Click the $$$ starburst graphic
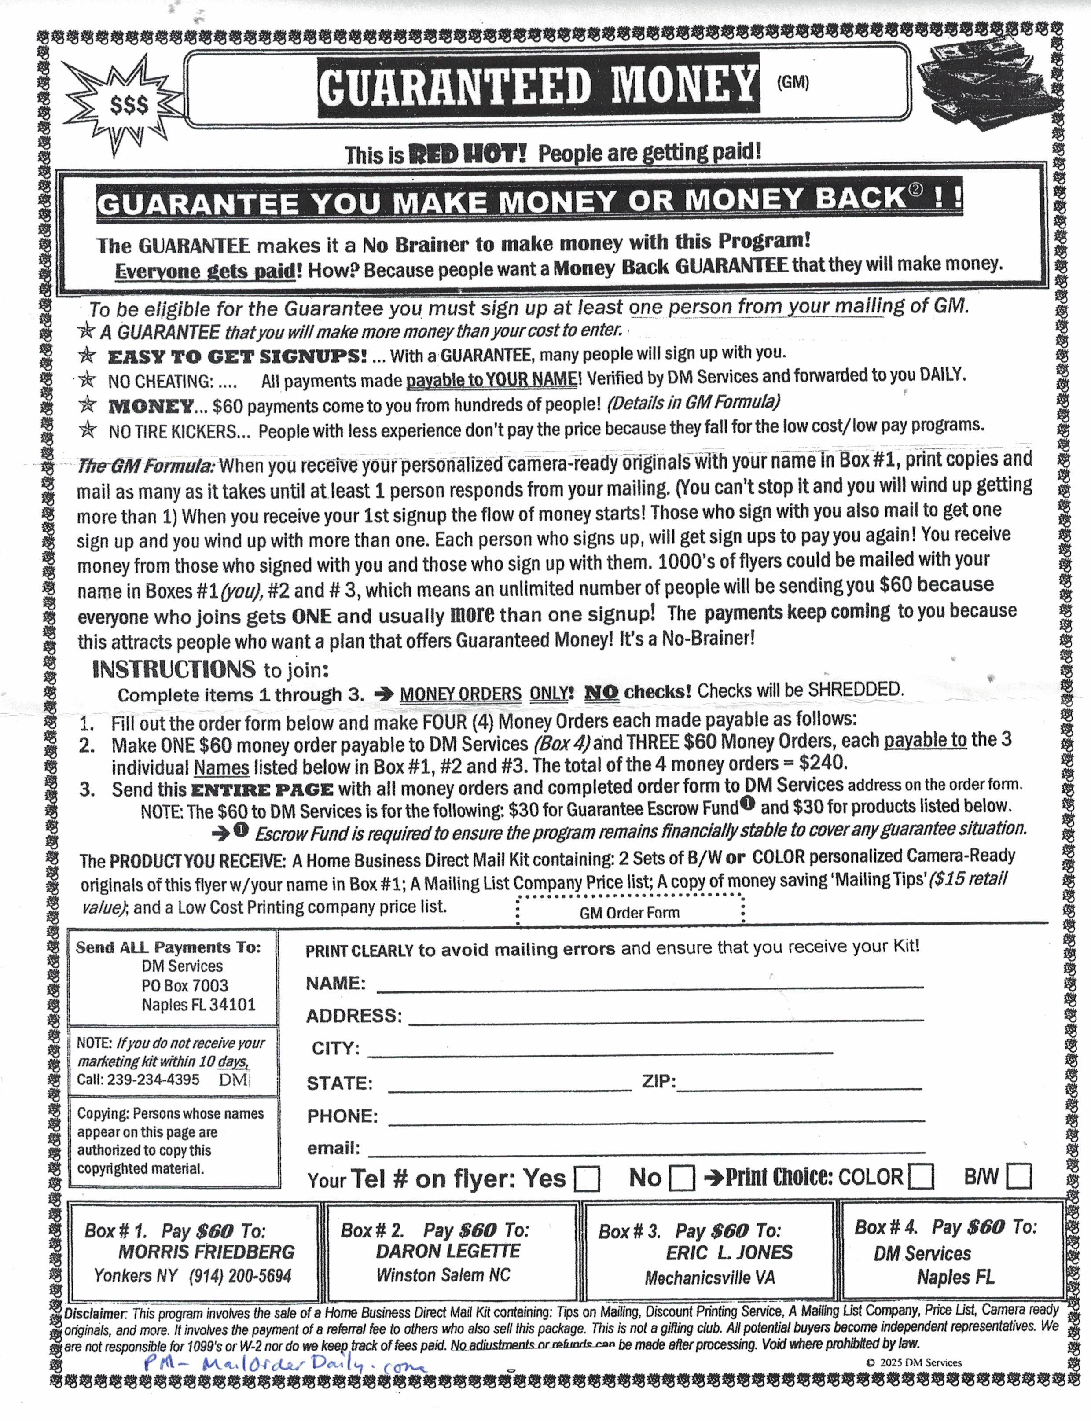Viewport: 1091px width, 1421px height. coord(129,105)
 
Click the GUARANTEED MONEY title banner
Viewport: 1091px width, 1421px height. coord(538,85)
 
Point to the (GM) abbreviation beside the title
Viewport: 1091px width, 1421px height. coord(792,82)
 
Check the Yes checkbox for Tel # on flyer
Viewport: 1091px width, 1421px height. coord(587,1179)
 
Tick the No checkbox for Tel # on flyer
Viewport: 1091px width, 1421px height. coord(682,1178)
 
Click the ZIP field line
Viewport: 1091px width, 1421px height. coord(799,1085)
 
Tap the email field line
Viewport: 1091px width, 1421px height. coord(646,1150)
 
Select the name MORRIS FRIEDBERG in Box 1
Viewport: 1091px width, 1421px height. coord(206,1252)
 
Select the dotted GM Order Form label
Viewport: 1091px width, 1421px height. coord(629,912)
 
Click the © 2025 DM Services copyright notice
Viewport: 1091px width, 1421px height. coord(913,1362)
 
